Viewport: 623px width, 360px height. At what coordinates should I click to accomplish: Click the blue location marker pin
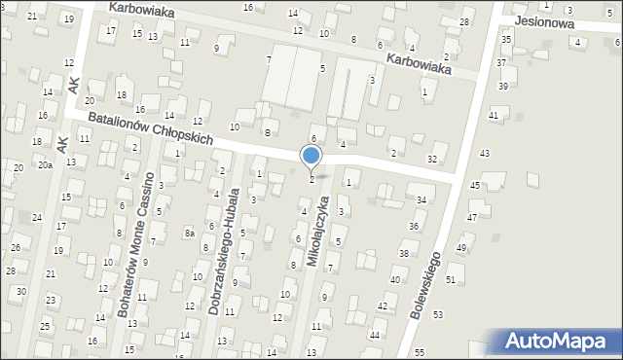(311, 157)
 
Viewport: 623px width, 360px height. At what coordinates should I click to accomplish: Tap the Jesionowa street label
(546, 18)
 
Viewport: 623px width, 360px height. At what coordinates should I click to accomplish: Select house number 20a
(45, 165)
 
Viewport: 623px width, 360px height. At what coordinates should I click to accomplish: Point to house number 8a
(191, 234)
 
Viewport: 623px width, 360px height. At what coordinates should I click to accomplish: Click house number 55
(419, 351)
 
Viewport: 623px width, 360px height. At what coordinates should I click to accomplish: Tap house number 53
(438, 315)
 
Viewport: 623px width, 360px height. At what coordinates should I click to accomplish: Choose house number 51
(450, 279)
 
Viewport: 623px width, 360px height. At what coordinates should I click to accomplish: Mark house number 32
(432, 159)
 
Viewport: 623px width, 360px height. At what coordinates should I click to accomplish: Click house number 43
(485, 154)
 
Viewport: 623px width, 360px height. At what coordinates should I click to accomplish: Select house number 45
(475, 185)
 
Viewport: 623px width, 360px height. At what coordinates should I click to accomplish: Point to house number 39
(503, 86)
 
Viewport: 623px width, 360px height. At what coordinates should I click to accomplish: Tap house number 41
(494, 116)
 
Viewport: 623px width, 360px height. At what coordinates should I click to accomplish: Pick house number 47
(472, 217)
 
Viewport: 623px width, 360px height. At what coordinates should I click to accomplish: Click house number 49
(461, 248)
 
